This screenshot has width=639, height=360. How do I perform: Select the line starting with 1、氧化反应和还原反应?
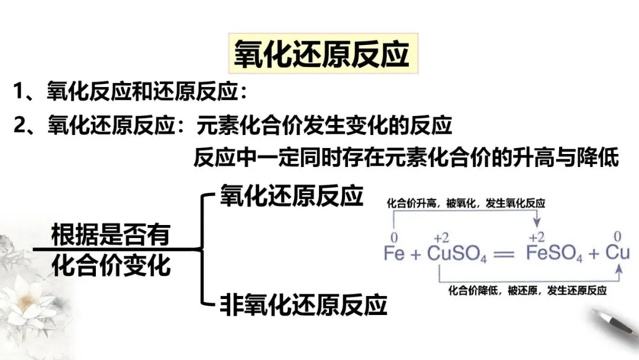(130, 92)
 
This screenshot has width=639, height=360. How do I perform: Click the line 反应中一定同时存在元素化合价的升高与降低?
(405, 158)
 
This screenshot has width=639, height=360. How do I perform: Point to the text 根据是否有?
(111, 235)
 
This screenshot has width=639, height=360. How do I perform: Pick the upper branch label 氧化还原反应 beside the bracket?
(291, 196)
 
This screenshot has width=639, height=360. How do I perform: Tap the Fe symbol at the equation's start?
(394, 253)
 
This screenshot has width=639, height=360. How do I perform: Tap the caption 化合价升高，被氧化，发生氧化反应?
(466, 203)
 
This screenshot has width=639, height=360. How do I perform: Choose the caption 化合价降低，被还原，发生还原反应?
(528, 291)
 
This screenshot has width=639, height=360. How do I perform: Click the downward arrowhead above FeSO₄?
(537, 222)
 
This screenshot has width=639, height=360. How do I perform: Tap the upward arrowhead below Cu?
(619, 270)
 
